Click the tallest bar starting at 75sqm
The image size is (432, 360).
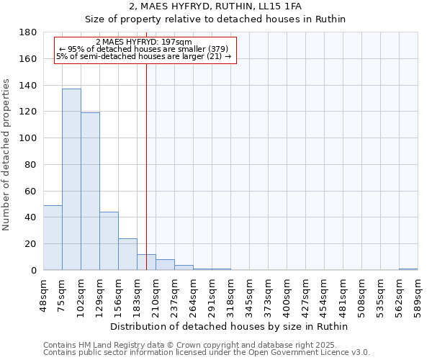[71, 179]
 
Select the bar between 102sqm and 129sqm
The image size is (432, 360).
[90, 191]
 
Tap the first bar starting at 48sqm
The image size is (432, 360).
[53, 238]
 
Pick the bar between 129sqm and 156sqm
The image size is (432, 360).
[109, 240]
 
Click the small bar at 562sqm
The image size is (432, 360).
[408, 269]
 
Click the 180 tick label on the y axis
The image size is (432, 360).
[29, 32]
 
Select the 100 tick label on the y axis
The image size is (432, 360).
[29, 138]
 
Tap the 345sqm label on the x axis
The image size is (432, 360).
[250, 293]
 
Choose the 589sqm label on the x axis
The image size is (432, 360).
[418, 293]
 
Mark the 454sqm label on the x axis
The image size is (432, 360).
[325, 293]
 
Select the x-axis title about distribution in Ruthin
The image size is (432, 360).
[230, 326]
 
